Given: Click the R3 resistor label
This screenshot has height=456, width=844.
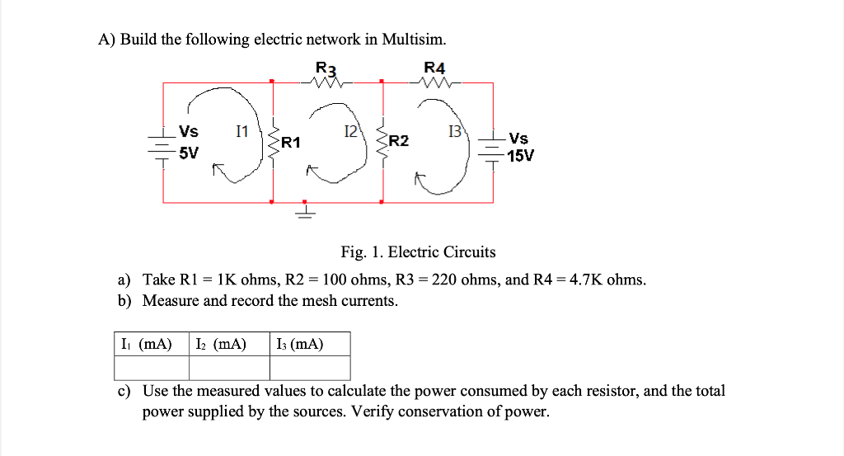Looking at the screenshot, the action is click(x=326, y=68).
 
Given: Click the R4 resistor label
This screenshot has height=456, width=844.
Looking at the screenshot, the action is click(x=434, y=68).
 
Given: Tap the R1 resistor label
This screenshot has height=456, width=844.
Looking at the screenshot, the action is click(x=291, y=143).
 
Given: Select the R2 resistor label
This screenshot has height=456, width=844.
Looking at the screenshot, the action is click(x=399, y=141).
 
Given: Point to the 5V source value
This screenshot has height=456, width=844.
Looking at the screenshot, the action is click(x=189, y=153).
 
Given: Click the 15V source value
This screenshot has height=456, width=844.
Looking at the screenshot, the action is click(x=521, y=156).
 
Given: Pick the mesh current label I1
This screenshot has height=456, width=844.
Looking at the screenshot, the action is click(x=242, y=131).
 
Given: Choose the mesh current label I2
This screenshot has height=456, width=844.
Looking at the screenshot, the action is click(x=350, y=131).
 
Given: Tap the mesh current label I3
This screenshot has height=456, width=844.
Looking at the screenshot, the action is click(x=455, y=131).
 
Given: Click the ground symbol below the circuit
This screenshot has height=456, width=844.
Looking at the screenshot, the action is click(x=305, y=210).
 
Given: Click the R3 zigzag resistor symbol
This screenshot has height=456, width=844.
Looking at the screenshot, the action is click(x=326, y=83).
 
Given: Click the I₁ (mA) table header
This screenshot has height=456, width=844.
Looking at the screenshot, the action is click(x=147, y=344).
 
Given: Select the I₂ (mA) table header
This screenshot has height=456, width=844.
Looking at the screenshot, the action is click(x=221, y=344).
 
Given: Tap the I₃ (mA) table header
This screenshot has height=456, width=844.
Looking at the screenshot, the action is click(x=300, y=344).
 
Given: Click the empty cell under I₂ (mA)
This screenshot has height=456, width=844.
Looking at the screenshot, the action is click(x=229, y=369).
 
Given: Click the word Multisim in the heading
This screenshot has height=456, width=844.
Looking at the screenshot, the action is click(x=414, y=40).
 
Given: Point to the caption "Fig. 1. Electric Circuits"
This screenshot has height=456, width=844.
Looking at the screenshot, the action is click(x=418, y=252).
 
